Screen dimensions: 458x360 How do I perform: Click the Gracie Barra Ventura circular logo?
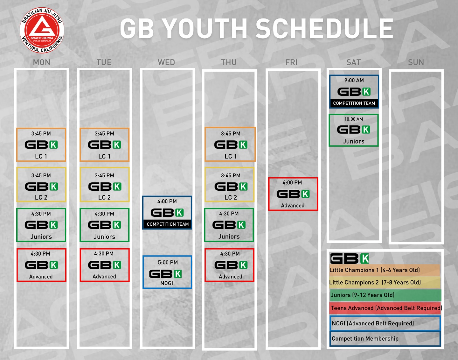point(42,30)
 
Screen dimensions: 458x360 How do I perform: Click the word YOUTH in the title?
point(205,28)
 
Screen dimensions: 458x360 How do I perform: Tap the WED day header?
point(167,62)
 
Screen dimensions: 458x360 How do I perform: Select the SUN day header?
point(416,62)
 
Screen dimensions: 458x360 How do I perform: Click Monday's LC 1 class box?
point(41,145)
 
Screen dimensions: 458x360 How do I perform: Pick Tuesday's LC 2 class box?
point(105,185)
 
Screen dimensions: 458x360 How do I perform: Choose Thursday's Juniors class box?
point(229,225)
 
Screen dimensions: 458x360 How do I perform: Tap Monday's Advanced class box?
point(41,265)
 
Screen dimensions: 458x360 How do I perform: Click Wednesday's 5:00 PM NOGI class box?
point(167,272)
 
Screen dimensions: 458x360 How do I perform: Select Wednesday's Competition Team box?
point(167,213)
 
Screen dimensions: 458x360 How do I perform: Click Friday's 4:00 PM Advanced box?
point(293,194)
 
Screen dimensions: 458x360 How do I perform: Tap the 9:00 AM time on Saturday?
point(354,80)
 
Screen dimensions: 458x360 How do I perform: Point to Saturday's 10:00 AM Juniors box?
point(354,130)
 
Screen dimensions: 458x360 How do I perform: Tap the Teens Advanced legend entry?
point(386,308)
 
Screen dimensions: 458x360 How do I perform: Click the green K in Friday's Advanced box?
point(305,194)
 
